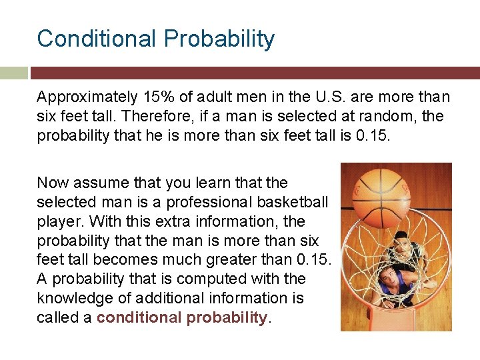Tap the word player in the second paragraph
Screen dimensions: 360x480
56,221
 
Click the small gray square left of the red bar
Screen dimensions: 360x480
14,72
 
